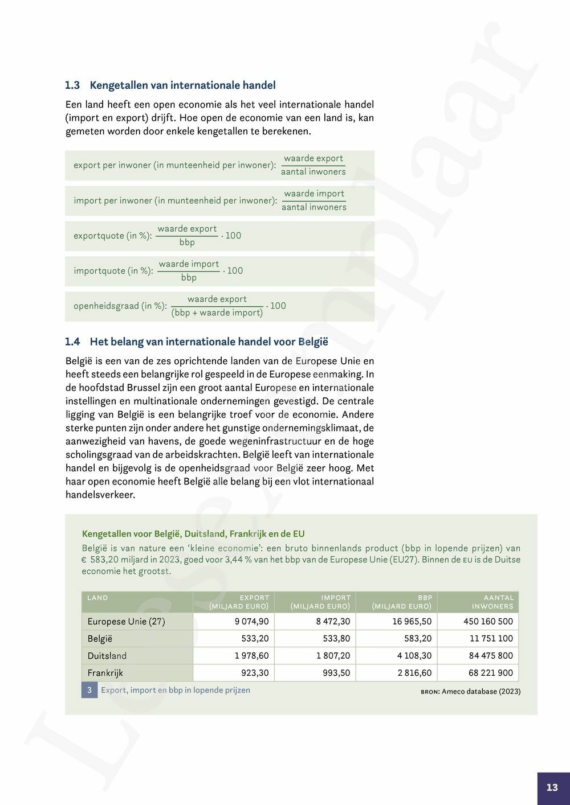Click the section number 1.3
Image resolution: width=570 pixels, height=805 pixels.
[72, 85]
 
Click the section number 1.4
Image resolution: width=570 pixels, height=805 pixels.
[72, 342]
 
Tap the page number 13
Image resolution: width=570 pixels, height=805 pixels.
[552, 787]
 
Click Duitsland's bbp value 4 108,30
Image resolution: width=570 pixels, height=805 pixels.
[414, 656]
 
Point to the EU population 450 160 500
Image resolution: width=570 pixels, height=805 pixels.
[488, 622]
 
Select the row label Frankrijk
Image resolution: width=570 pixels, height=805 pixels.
[105, 673]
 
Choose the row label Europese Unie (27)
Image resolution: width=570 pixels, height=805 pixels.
[126, 622]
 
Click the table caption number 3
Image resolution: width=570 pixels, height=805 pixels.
[89, 691]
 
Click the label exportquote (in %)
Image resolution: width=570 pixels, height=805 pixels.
[112, 236]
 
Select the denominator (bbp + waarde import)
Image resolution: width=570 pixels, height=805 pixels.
[217, 313]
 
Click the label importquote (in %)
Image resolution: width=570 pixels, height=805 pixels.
[113, 271]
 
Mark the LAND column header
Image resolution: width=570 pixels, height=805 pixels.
[97, 598]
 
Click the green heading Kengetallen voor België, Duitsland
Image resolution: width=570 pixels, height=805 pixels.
[193, 534]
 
